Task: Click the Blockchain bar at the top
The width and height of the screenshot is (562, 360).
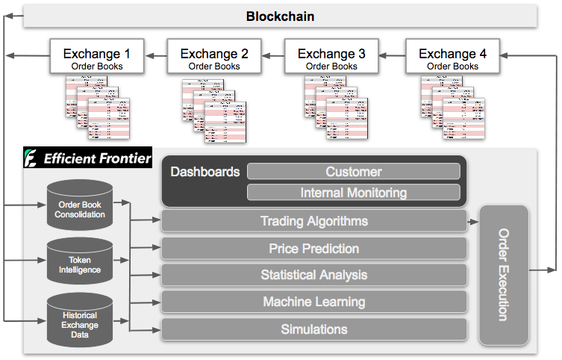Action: pos(281,16)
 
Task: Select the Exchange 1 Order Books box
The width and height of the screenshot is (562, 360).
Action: pos(96,58)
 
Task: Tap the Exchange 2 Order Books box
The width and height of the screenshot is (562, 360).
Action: pos(213,58)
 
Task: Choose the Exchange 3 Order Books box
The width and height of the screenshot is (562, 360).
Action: pos(331,58)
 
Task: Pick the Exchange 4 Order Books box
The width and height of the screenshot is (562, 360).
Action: pos(452,58)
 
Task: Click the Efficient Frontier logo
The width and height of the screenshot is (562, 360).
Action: pos(87,158)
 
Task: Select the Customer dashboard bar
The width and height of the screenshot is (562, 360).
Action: pos(353,172)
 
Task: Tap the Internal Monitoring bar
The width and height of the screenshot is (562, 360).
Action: pos(353,193)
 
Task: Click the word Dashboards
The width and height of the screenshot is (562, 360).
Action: pos(205,172)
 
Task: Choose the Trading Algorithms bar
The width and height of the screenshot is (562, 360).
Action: pos(313,221)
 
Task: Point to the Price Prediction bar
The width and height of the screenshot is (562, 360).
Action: pos(313,249)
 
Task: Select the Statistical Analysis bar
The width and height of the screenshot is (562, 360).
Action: pos(313,275)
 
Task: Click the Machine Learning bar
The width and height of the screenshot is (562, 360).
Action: pos(313,302)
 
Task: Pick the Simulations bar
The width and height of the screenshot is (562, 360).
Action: pos(313,329)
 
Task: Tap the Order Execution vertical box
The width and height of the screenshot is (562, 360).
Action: pos(503,275)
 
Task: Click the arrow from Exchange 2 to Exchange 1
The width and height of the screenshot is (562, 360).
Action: pos(155,54)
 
